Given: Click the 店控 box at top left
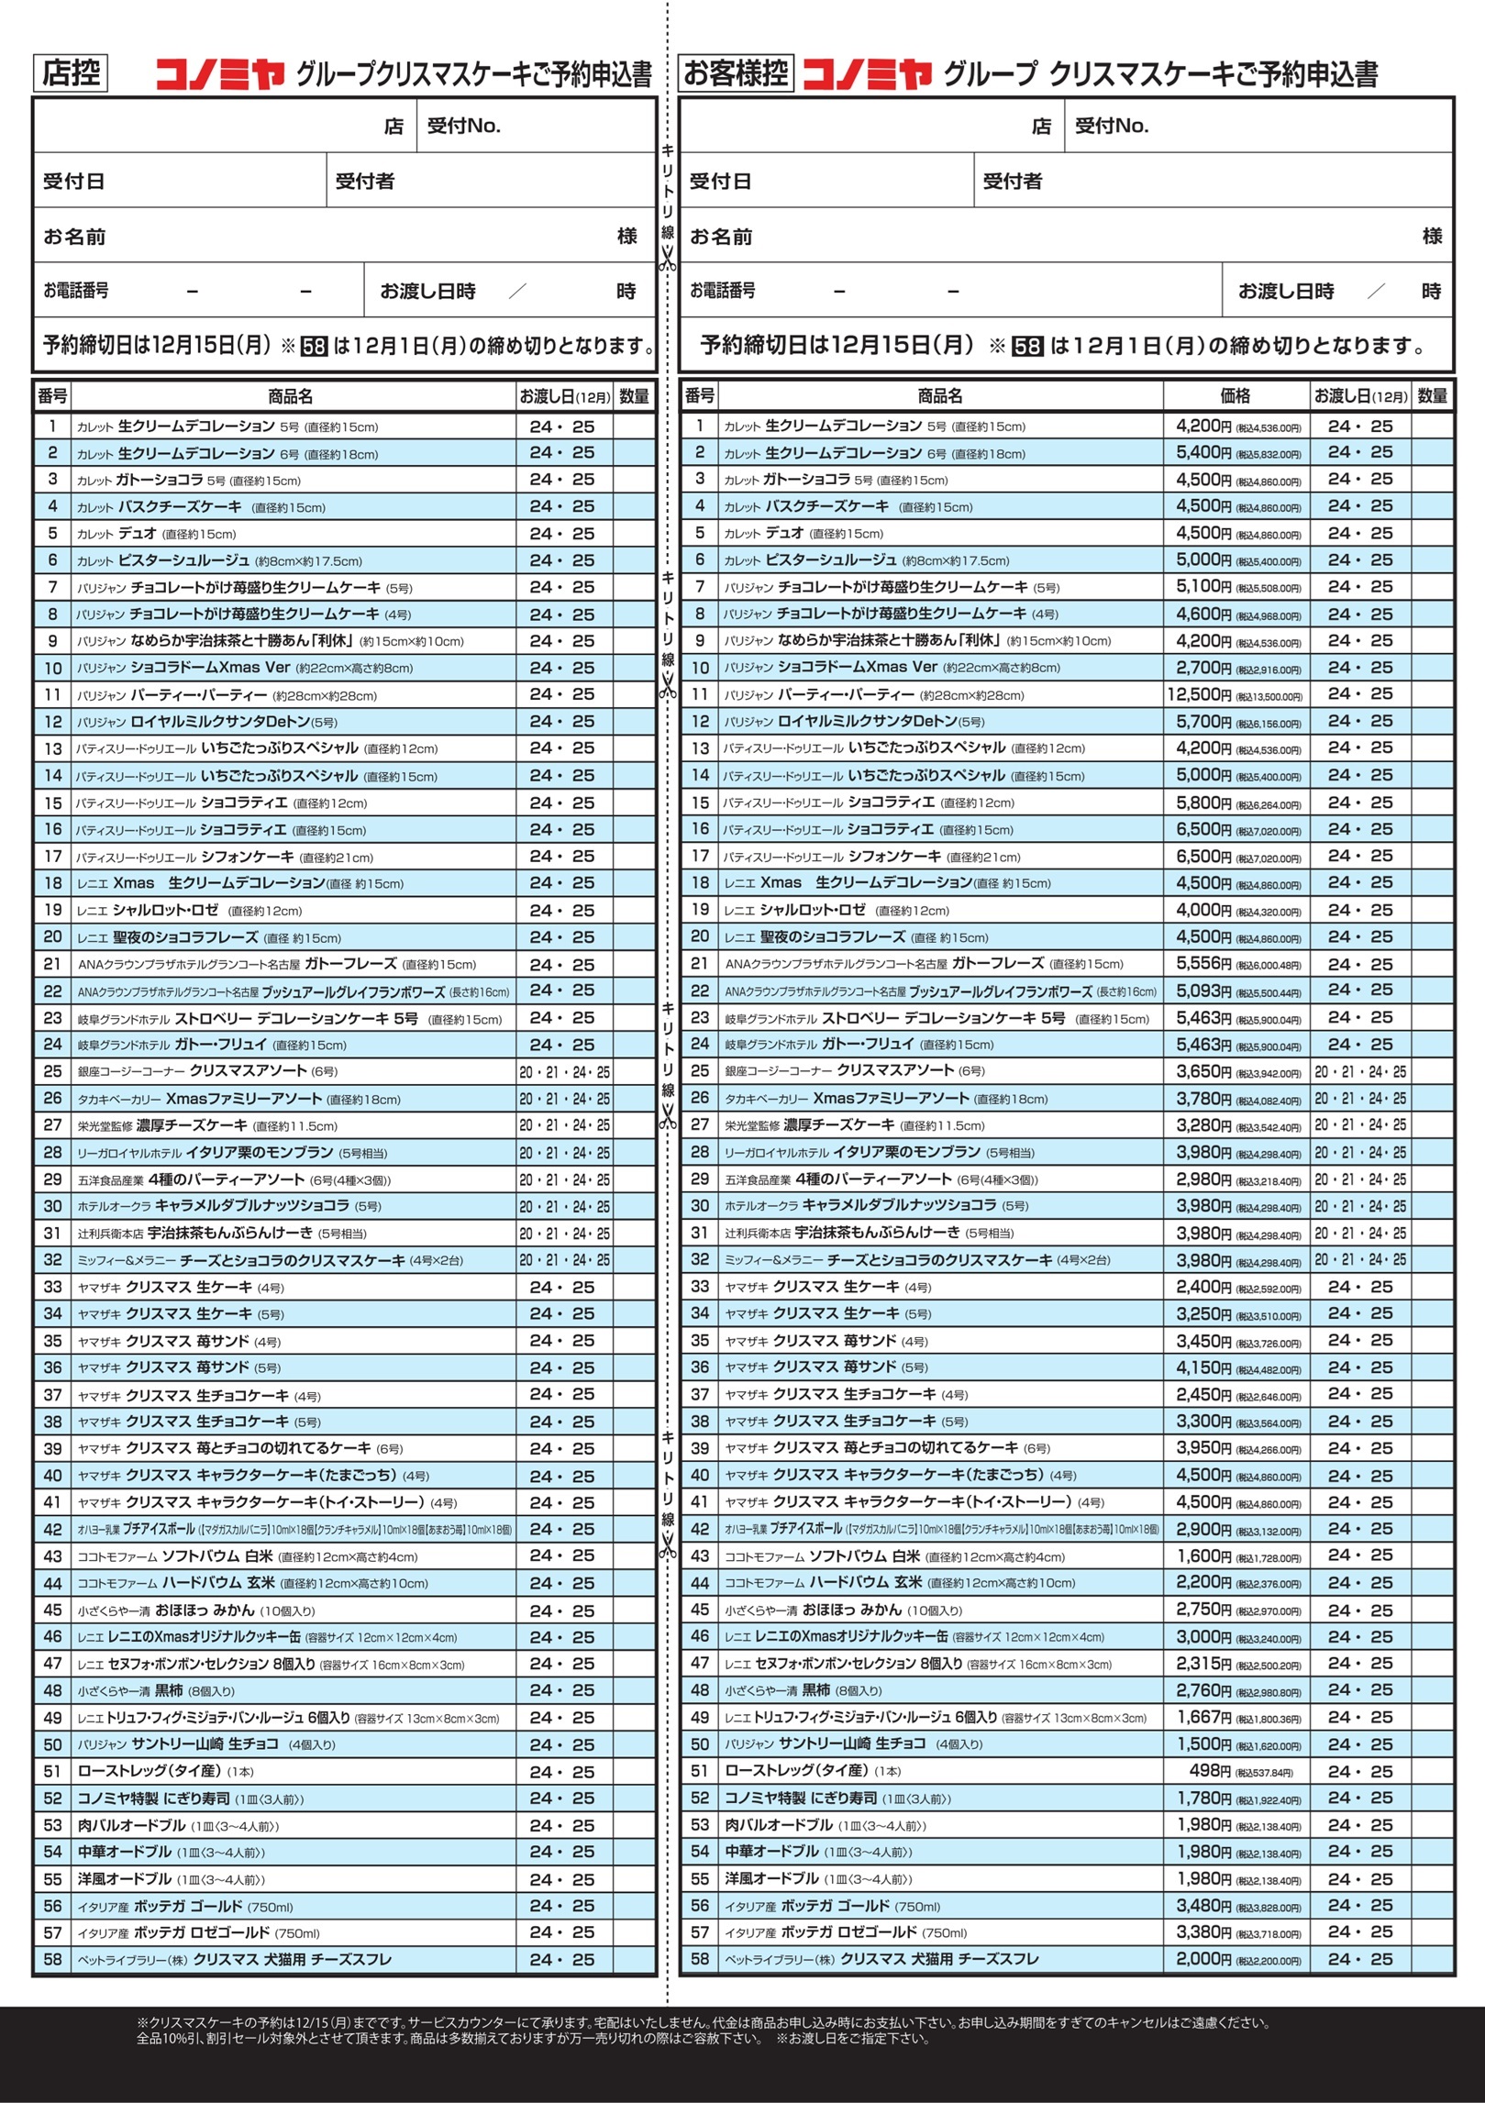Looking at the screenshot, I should [71, 73].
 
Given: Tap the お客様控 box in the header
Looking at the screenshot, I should [736, 73].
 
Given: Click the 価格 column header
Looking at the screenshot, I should [1235, 396].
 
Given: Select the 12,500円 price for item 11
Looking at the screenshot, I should [1198, 694].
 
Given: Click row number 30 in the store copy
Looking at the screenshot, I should [53, 1206].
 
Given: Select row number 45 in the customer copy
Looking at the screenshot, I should [700, 1610].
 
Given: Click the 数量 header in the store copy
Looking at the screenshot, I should [634, 396].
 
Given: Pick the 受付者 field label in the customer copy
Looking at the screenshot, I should [1012, 182].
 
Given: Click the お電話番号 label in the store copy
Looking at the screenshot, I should [76, 291].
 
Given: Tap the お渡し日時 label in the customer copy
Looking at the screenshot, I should [1286, 291].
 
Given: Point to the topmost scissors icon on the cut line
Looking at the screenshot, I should [668, 259].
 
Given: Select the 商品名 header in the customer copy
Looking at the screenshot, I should [940, 396].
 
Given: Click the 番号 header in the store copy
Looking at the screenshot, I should [52, 396].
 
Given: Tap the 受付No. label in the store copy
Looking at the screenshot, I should [464, 126].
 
